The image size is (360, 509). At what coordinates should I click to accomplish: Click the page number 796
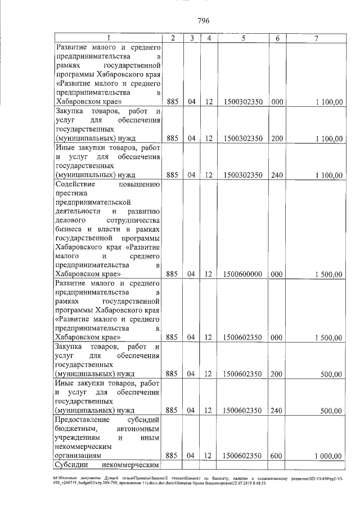coord(204,21)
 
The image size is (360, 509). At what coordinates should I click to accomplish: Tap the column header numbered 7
coord(317,38)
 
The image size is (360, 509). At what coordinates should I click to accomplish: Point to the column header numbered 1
coord(109,38)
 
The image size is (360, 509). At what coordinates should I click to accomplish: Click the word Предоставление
coord(82,420)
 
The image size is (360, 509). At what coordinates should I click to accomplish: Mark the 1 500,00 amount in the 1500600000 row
coord(326,274)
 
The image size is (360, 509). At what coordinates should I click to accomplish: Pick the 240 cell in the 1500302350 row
coord(276,175)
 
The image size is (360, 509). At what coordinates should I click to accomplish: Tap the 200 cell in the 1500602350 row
coord(276,374)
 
